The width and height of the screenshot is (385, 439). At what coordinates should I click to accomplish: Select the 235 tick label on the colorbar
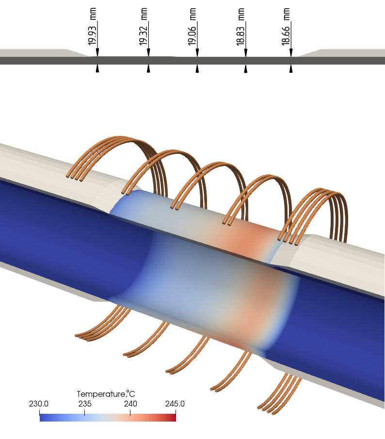pyautogui.click(x=84, y=404)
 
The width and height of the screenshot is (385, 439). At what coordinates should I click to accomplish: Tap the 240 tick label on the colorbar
pyautogui.click(x=130, y=404)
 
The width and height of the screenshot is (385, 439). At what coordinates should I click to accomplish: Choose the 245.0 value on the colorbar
pyautogui.click(x=175, y=404)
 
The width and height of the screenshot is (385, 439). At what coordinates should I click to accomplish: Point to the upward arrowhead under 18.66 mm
pyautogui.click(x=291, y=69)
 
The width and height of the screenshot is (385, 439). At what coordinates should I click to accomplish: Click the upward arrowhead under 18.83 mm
pyautogui.click(x=245, y=69)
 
